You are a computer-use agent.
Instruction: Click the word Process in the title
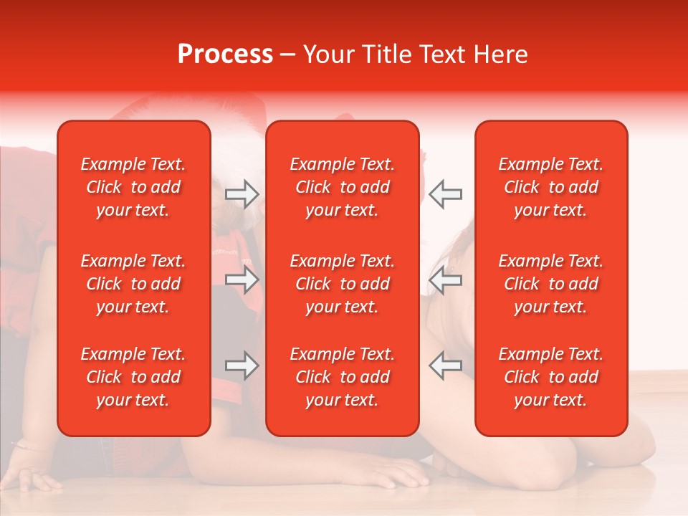tap(225, 54)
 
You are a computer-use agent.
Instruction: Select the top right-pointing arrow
tap(242, 194)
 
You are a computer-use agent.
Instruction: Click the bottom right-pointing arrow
tap(242, 365)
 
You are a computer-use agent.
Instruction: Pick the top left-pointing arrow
tap(445, 194)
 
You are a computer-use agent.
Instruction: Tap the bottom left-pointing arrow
tap(445, 365)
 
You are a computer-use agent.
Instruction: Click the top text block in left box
tap(133, 187)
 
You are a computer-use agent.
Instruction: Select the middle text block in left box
tap(133, 284)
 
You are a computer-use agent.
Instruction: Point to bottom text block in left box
tap(133, 377)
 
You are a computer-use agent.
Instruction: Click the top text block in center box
tap(343, 187)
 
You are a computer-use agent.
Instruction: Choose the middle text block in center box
tap(343, 284)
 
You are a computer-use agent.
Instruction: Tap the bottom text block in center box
tap(343, 377)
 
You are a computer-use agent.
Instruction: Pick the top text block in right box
tap(551, 187)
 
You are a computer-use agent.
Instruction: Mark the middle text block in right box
tap(551, 284)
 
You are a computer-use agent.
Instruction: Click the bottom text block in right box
tap(551, 377)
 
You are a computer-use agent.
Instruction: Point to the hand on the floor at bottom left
tap(32, 476)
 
